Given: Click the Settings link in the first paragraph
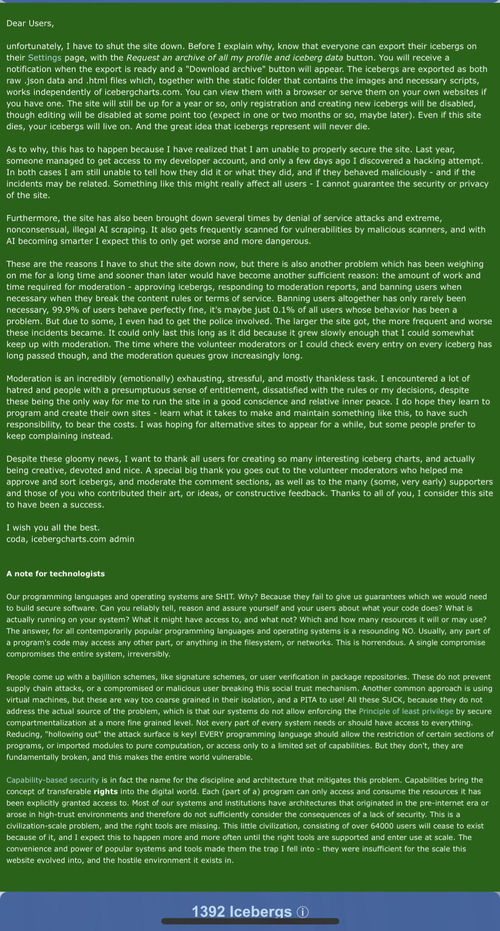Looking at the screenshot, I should [x=45, y=58].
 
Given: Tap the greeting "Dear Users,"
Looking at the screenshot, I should [x=30, y=23].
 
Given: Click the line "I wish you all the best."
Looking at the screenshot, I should [x=53, y=528].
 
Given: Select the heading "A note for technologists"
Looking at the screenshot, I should [x=56, y=574].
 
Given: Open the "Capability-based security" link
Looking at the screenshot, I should [x=53, y=780].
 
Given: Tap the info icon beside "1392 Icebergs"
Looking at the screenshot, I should [x=303, y=912].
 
